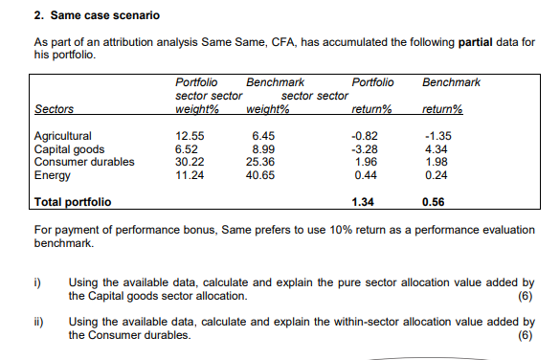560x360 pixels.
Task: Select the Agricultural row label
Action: tap(62, 136)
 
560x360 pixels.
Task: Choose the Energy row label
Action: tap(50, 174)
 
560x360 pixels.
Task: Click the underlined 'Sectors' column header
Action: tap(54, 109)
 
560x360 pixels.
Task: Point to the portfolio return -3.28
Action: tap(364, 148)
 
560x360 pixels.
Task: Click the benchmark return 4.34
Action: tap(437, 148)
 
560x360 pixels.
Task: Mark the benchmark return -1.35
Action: tap(436, 136)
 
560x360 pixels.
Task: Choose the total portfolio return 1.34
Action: tap(363, 202)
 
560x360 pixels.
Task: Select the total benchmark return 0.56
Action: tap(435, 202)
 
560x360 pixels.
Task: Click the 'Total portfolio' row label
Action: tap(73, 202)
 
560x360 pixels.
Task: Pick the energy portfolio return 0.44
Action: tap(364, 174)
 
